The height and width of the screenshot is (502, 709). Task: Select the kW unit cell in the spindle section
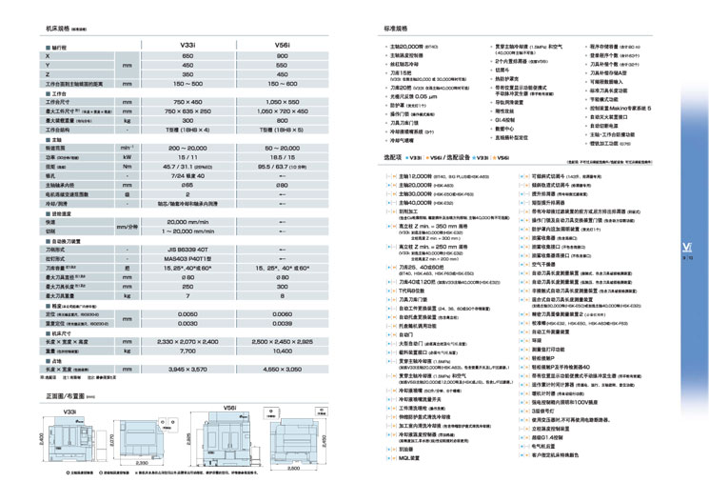126,158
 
